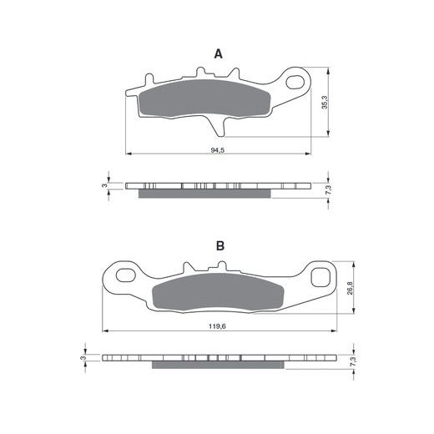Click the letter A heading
click(x=219, y=53)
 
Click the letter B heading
click(x=220, y=246)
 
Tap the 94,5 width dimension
click(x=218, y=150)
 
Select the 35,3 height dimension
click(x=325, y=102)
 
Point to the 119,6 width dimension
click(x=217, y=326)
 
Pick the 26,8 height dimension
click(x=350, y=288)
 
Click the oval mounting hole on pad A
click(x=295, y=82)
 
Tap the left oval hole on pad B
click(x=126, y=275)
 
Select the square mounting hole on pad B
click(x=320, y=277)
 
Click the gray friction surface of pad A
click(x=204, y=98)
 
